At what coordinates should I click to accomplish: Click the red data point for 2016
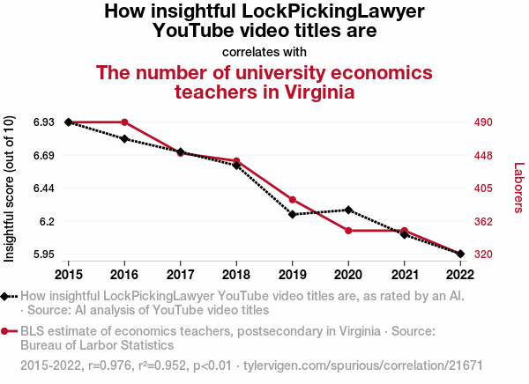[124, 122]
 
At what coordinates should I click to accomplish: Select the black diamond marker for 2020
[348, 210]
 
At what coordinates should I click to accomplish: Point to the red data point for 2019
[292, 200]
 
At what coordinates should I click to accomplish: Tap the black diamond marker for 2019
[292, 214]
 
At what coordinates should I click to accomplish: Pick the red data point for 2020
[348, 231]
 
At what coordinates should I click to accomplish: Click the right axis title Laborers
[518, 188]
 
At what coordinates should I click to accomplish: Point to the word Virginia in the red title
[311, 92]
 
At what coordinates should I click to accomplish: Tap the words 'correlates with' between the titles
[264, 51]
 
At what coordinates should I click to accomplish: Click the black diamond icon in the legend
[8, 297]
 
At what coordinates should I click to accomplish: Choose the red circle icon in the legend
[8, 331]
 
